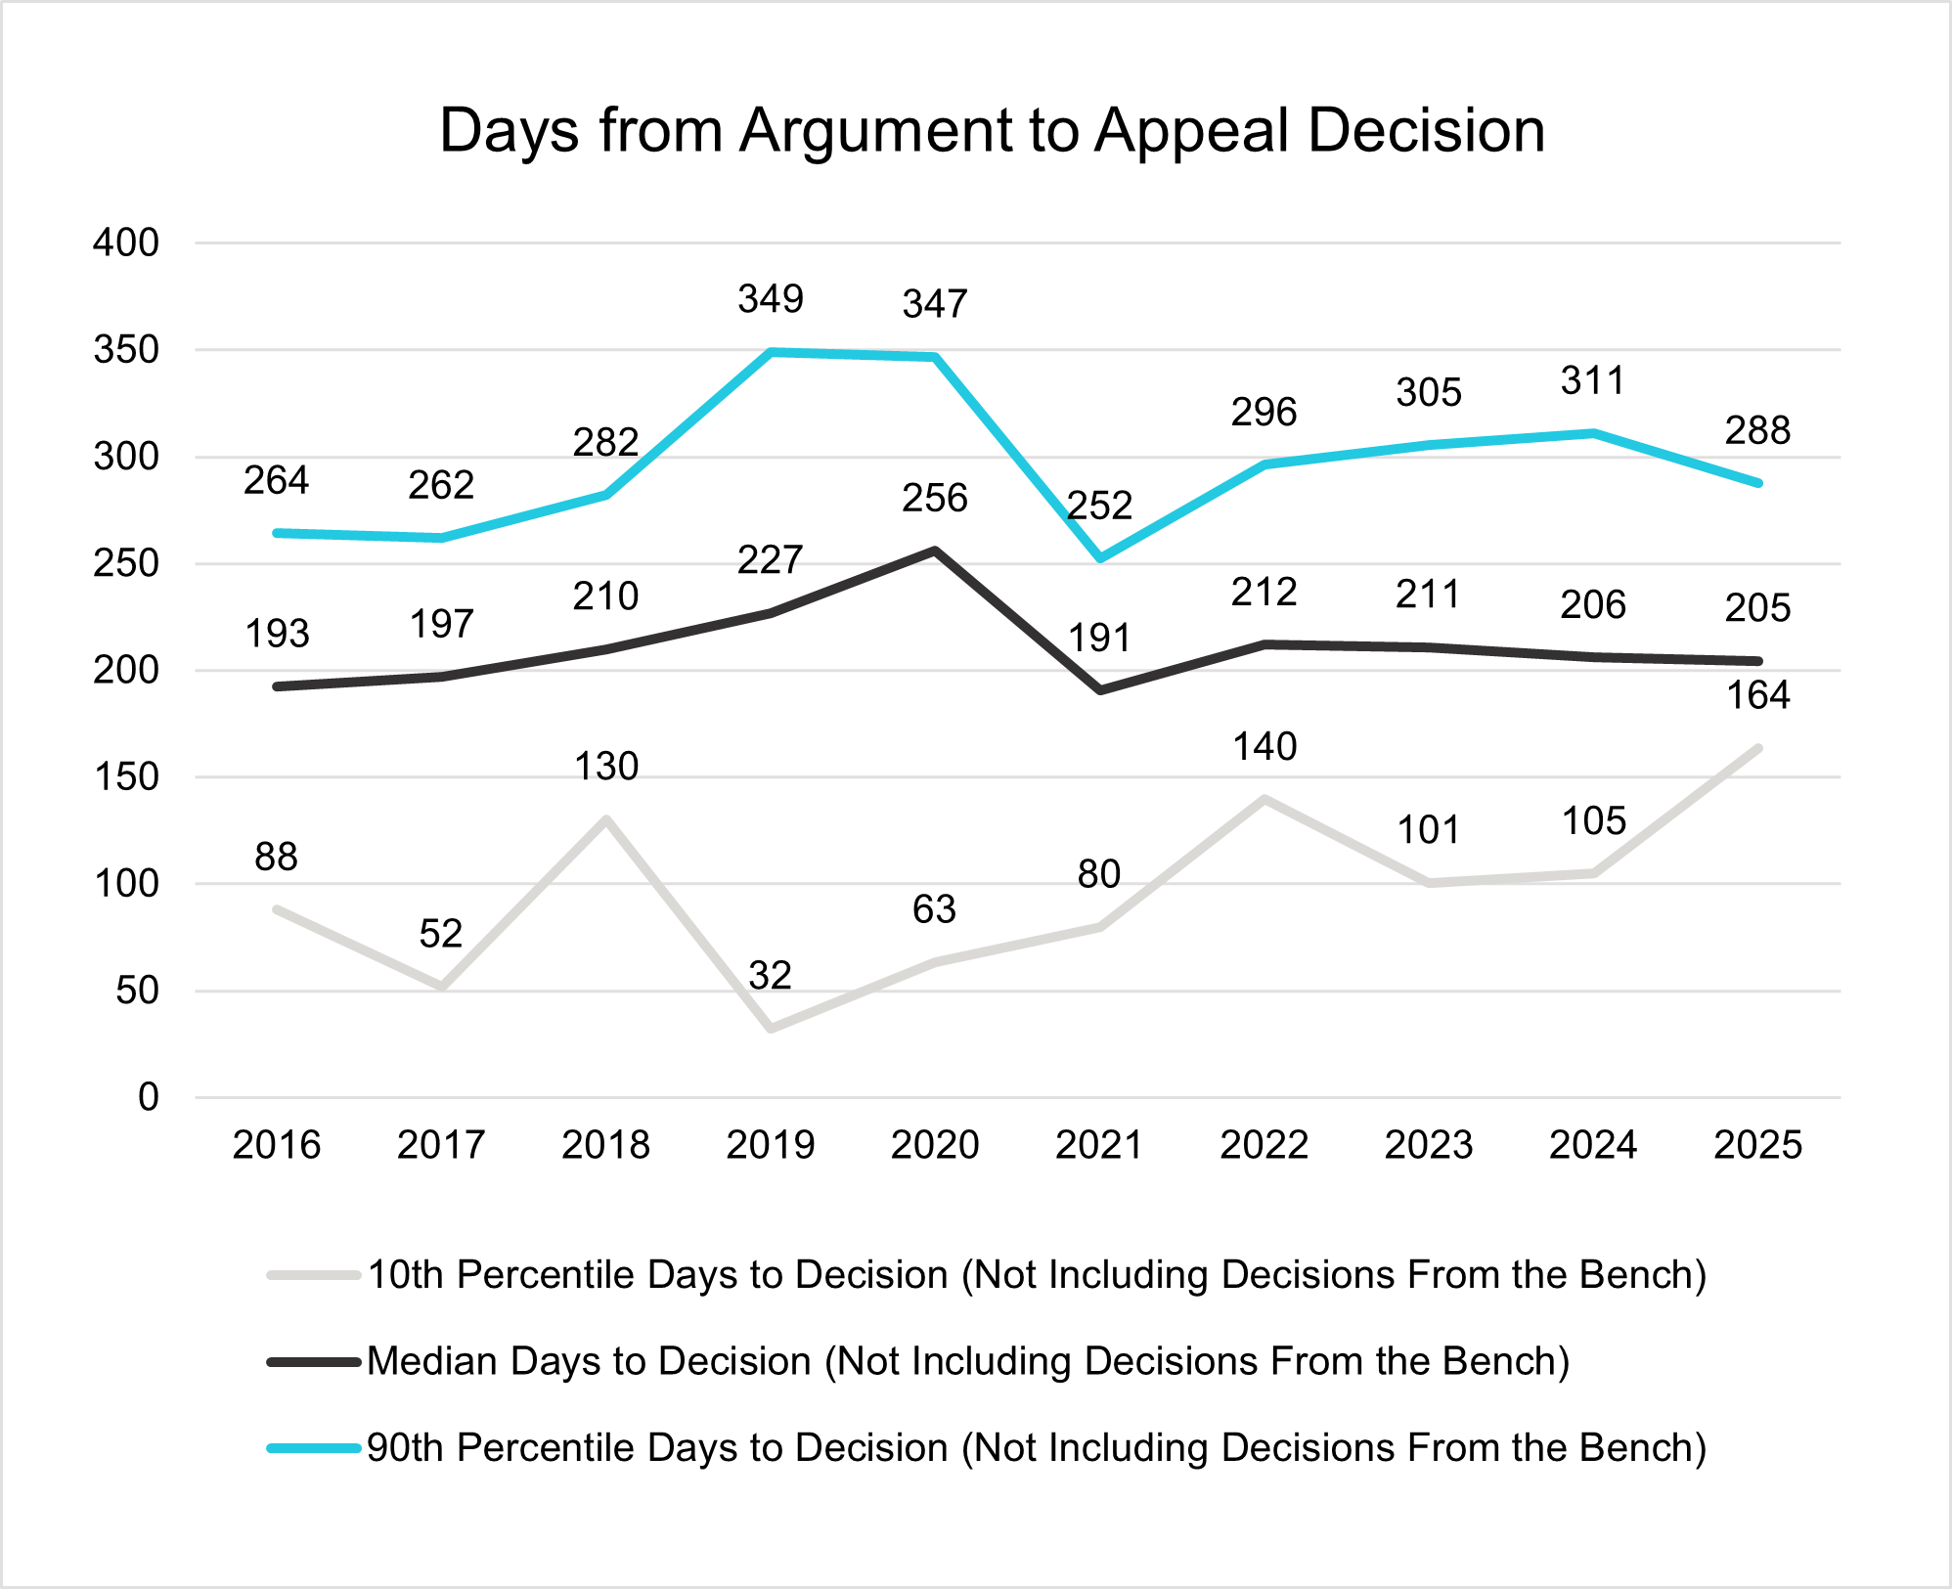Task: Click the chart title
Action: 992,131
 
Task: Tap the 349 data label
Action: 771,299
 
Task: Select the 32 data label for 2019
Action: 770,976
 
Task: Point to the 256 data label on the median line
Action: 935,499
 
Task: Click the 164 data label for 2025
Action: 1757,696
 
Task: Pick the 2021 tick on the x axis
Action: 1099,1145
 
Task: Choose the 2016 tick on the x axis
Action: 277,1145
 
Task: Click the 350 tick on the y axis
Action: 126,350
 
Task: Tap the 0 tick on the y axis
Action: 148,1098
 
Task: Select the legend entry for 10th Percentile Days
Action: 1037,1275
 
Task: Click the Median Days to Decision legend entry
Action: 968,1361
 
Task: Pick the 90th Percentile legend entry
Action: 1037,1448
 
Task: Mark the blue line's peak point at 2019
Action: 771,352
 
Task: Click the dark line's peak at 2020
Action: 935,551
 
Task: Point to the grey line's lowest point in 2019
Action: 771,1029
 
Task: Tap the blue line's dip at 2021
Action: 1100,558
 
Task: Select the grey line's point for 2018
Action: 606,819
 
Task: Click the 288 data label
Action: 1757,431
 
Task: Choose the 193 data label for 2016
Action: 277,635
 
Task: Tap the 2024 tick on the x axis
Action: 1593,1145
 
